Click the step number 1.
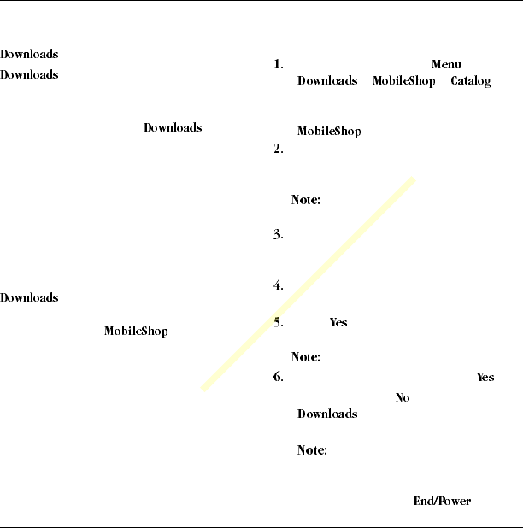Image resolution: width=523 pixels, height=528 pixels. (x=278, y=65)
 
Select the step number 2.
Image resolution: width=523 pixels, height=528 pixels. (x=278, y=149)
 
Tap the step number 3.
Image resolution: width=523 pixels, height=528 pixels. (x=278, y=235)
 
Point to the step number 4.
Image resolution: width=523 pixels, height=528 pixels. (x=278, y=286)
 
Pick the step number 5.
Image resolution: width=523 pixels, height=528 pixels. (x=278, y=323)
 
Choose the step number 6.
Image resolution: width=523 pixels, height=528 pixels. (x=278, y=378)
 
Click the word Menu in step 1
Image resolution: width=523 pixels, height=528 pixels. (x=446, y=65)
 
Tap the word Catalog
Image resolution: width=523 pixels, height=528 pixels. (x=470, y=81)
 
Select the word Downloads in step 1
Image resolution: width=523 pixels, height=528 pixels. (x=326, y=81)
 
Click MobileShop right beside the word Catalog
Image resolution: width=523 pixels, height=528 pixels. (x=403, y=81)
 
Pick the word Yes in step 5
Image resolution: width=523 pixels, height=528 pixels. (x=338, y=323)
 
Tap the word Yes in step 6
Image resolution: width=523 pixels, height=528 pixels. (x=485, y=378)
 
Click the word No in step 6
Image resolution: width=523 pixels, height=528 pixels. (x=403, y=398)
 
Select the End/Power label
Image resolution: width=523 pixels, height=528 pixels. (x=442, y=502)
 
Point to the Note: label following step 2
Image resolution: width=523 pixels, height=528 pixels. (x=305, y=199)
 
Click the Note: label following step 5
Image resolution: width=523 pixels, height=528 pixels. (x=305, y=357)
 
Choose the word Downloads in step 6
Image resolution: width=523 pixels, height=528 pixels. (x=326, y=414)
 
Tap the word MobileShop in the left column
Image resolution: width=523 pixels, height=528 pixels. (x=136, y=331)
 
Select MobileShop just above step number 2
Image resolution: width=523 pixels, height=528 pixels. (x=328, y=132)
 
